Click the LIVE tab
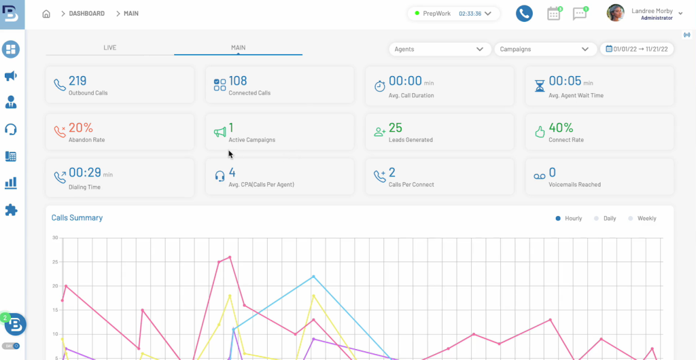coord(109,48)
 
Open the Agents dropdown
coord(439,49)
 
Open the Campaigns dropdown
coord(544,49)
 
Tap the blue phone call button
coord(523,14)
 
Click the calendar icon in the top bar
coord(554,14)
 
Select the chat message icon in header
coord(579,14)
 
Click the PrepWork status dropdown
coord(453,14)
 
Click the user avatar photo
coord(616,14)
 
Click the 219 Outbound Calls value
coord(77,81)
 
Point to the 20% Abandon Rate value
coord(80,128)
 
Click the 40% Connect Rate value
coord(561,128)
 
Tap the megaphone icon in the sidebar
coord(11,76)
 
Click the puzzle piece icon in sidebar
coord(11,210)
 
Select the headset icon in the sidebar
coord(11,129)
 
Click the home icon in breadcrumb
coord(46,14)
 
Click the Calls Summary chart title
coord(77,218)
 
